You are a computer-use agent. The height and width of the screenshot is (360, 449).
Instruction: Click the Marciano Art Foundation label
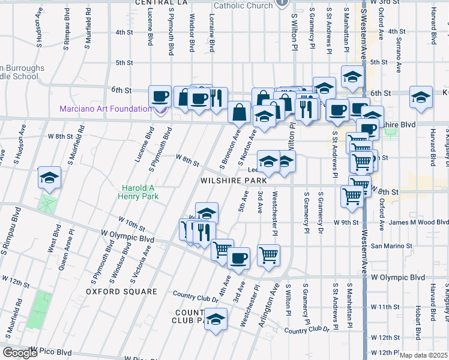pos(106,109)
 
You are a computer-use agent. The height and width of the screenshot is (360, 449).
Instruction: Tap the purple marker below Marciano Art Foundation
pos(160,109)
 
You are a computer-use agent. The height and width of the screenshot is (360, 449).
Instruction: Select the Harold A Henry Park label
pos(143,192)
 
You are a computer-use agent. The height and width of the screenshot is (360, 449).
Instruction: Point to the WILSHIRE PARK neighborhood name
pos(234,180)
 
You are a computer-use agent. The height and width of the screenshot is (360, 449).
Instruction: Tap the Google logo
pos(20,353)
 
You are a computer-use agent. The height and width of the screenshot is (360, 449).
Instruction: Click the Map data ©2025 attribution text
pos(423,355)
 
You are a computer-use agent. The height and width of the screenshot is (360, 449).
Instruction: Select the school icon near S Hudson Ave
pos(49,177)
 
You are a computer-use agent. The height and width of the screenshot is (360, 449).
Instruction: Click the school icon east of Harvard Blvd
pos(421,97)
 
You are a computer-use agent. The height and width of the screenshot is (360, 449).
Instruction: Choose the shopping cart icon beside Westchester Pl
pos(269,254)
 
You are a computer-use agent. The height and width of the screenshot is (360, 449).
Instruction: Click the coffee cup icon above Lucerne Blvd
pos(160,96)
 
